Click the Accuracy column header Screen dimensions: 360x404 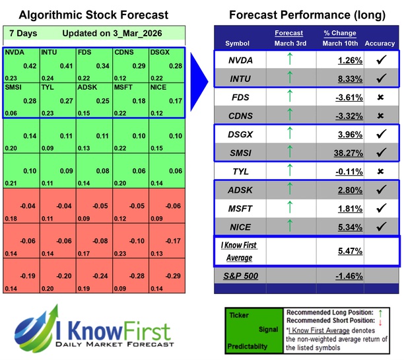[379, 44]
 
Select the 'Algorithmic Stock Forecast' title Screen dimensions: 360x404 [92, 15]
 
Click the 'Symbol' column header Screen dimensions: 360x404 [238, 44]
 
